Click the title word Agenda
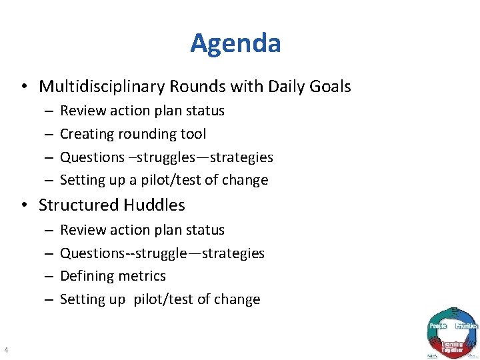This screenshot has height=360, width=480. [235, 43]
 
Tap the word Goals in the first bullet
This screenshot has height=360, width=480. [329, 87]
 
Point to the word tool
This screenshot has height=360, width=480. [194, 134]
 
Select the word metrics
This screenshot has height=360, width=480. [141, 276]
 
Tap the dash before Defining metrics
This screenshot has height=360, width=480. [49, 276]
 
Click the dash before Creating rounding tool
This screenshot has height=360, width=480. [49, 134]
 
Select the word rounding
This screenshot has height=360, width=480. [149, 134]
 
